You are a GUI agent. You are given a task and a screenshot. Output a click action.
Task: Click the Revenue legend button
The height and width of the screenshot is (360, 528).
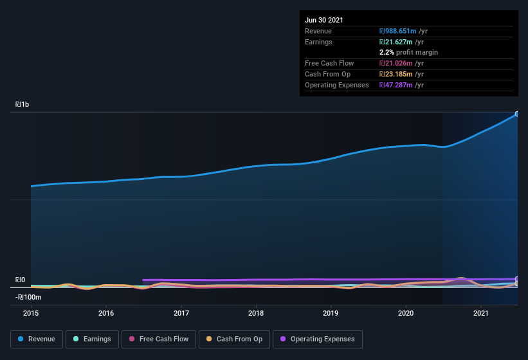(37, 339)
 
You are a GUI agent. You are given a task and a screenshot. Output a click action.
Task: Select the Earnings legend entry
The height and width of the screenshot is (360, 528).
(93, 339)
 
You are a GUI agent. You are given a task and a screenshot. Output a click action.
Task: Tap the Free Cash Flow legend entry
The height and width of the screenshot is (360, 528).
(159, 339)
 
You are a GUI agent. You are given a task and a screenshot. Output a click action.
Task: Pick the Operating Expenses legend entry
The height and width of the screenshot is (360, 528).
(318, 339)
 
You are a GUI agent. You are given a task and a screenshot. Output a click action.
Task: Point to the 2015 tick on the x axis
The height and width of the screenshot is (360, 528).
(31, 313)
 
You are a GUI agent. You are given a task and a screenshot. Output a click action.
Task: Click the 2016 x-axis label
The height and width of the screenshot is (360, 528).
(106, 313)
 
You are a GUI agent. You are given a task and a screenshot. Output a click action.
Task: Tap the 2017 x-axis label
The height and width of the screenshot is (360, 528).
(181, 313)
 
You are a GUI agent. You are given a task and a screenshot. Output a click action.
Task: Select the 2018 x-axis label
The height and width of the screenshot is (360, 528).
(256, 313)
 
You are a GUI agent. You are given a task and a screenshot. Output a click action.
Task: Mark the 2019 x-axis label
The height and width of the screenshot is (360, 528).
(331, 313)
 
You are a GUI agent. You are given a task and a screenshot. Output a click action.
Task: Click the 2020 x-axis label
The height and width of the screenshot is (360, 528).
(406, 313)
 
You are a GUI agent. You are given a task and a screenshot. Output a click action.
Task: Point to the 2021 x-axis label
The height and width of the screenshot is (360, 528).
(480, 313)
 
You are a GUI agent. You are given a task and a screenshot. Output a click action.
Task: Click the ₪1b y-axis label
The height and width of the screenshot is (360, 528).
(22, 104)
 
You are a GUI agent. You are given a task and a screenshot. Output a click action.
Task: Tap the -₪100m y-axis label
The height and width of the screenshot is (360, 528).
(28, 297)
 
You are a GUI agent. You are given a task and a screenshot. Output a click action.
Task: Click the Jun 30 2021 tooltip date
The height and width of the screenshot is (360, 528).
(324, 20)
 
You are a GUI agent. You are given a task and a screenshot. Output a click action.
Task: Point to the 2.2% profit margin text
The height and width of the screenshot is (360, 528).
(408, 52)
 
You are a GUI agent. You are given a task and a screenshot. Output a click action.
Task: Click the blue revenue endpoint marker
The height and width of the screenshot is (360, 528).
(516, 114)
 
